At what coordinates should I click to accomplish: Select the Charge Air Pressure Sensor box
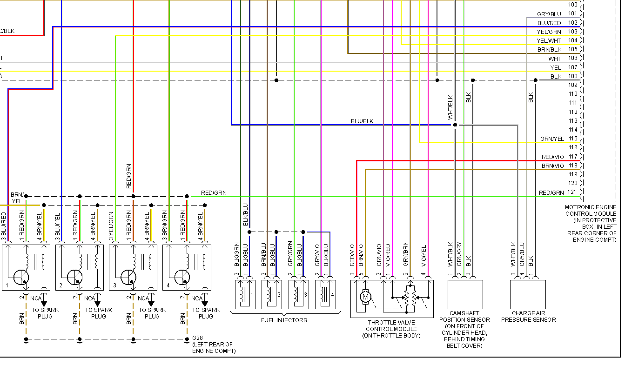pos(528,294)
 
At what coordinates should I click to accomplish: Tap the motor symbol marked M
pos(365,296)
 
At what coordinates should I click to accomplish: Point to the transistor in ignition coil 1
pos(20,277)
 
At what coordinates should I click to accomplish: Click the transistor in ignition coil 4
pos(181,277)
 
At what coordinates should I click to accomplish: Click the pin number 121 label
pos(572,192)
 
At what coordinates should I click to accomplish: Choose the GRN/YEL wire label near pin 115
pos(552,139)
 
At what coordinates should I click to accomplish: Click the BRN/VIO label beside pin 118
pos(552,166)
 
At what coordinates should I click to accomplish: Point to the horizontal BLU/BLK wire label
pos(362,121)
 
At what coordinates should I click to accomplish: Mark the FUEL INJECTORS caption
pos(284,320)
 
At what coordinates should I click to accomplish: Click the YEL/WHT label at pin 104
pos(550,40)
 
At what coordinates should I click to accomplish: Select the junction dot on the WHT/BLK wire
pos(455,125)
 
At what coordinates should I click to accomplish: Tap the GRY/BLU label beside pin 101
pos(549,14)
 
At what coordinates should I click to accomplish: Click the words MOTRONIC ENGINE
pos(590,207)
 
